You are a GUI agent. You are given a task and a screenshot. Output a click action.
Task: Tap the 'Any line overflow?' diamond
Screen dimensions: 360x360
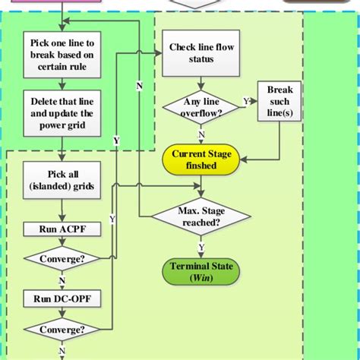pos(201,106)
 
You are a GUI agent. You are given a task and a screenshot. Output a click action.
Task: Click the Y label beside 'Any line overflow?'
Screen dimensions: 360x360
pos(245,100)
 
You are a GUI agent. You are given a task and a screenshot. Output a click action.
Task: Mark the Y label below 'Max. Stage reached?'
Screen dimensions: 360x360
pos(201,247)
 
